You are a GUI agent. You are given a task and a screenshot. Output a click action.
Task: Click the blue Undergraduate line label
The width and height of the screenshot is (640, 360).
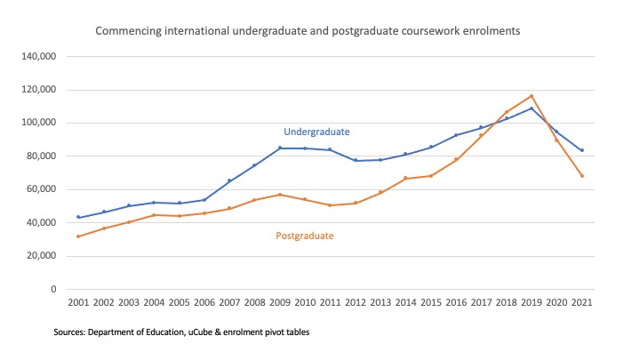pos(316,132)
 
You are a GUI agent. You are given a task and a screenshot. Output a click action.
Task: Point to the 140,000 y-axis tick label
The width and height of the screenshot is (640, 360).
pos(38,56)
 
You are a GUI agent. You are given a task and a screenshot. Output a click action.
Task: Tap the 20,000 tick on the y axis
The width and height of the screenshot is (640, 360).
pos(41,256)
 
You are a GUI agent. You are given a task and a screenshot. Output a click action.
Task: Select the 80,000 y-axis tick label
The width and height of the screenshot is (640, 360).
pos(41,156)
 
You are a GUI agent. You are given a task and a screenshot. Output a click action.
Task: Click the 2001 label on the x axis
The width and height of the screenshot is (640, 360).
pos(78,304)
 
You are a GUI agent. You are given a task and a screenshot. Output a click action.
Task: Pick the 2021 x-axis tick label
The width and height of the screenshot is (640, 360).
pos(581,304)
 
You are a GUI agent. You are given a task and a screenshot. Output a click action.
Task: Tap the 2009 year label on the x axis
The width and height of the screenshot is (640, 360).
pos(279,304)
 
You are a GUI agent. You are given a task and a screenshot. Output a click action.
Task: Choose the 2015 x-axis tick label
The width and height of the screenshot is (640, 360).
pos(430,304)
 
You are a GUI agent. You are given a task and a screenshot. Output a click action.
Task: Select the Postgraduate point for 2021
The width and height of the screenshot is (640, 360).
pos(581,176)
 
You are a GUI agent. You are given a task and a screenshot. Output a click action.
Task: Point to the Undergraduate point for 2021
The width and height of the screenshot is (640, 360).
pos(581,150)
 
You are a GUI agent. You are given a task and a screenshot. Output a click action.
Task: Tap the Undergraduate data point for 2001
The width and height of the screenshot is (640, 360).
pos(78,217)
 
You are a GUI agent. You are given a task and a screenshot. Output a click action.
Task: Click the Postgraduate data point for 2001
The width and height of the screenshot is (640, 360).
pos(78,236)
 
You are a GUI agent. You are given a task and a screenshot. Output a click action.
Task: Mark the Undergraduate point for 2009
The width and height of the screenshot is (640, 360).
pos(279,148)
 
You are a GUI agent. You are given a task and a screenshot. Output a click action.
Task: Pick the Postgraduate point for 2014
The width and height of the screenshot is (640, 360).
pos(405,179)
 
